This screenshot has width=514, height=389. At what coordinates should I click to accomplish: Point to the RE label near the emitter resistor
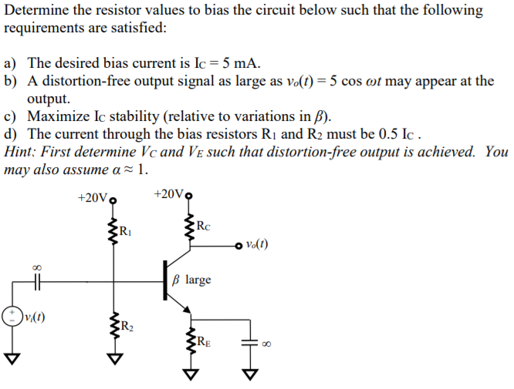[x=201, y=342]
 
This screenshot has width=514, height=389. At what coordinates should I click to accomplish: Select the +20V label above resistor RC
[x=169, y=193]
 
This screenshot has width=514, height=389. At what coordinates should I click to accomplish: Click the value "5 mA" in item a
[x=241, y=63]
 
